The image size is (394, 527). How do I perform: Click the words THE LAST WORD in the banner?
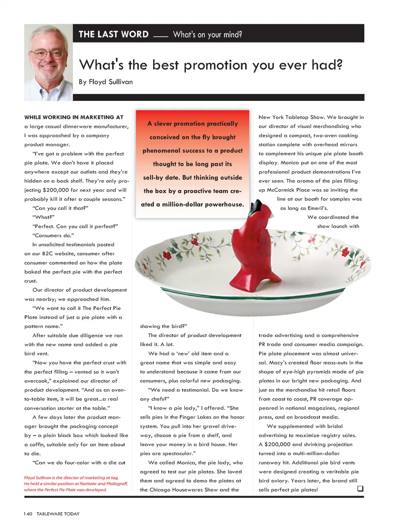[114, 34]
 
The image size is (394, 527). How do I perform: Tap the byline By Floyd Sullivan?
[106, 82]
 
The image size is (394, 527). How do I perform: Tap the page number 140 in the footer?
[28, 514]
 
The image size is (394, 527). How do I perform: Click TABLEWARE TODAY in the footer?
[58, 514]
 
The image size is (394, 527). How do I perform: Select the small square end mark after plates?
[360, 488]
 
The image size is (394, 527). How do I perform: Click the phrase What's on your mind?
[207, 34]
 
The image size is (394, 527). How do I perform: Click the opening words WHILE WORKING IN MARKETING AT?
[74, 117]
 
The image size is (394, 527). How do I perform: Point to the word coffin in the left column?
[33, 445]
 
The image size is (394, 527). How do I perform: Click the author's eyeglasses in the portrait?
[47, 55]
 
